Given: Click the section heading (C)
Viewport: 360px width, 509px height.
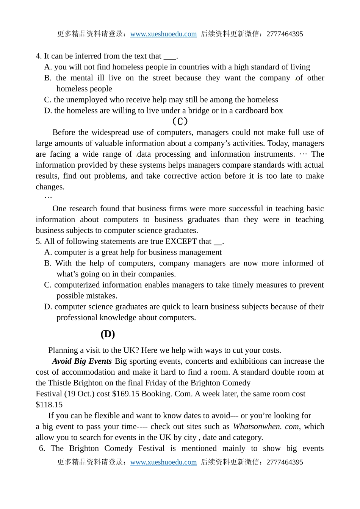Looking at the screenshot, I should (180, 121).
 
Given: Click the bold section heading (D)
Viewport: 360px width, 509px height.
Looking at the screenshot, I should (108, 334).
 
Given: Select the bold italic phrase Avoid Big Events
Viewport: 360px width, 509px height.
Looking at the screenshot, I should (82, 361).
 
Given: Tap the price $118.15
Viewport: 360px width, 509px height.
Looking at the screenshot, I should (49, 405).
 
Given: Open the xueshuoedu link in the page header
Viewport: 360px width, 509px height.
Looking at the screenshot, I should (163, 34).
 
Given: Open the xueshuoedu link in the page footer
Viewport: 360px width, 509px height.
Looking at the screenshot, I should (163, 462).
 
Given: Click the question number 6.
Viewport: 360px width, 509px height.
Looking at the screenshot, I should (42, 448).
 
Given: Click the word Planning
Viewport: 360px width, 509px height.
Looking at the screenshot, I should (63, 350).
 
